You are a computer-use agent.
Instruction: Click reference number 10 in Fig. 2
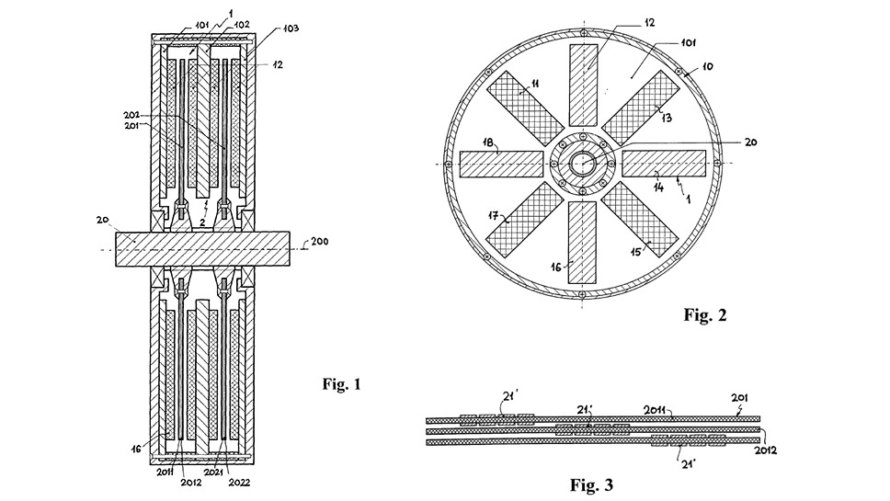coord(707,67)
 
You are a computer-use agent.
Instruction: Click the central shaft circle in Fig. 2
coord(583,163)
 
